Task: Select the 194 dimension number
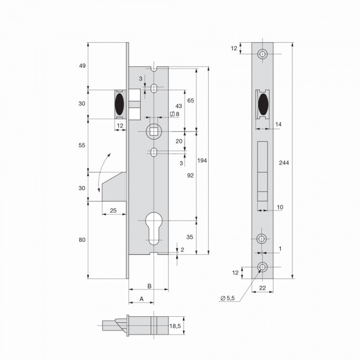pyautogui.click(x=202, y=160)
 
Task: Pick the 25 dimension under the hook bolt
pyautogui.click(x=112, y=210)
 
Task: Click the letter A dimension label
pyautogui.click(x=141, y=299)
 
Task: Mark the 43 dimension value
pyautogui.click(x=178, y=105)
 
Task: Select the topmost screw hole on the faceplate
pyautogui.click(x=262, y=54)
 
